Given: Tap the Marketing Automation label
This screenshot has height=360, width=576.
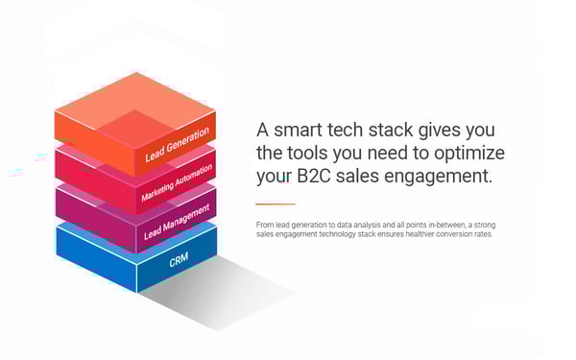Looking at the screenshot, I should click(x=177, y=180).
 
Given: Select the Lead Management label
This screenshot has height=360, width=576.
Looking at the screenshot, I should click(x=177, y=221).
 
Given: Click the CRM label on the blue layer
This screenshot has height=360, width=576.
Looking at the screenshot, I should click(x=179, y=260).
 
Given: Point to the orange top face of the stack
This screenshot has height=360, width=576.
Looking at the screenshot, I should click(x=134, y=106).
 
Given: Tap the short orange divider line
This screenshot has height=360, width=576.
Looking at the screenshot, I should click(x=275, y=204).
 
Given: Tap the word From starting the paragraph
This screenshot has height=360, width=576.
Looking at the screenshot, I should click(x=265, y=225).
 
